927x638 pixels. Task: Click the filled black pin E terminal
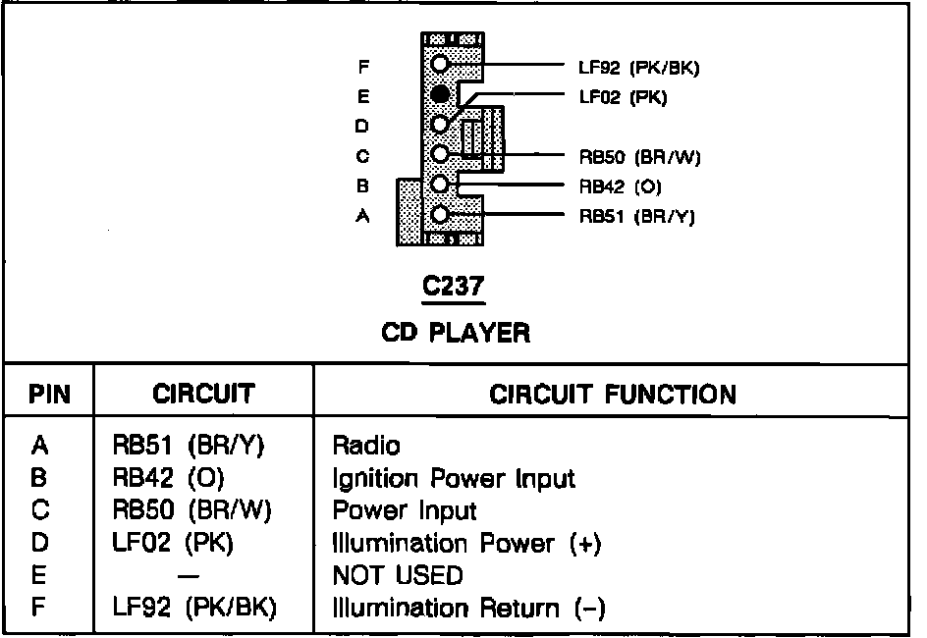pyautogui.click(x=441, y=94)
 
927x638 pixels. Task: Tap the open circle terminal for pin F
pyautogui.click(x=441, y=64)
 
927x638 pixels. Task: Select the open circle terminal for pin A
pyautogui.click(x=441, y=214)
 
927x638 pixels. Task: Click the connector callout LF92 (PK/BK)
pyautogui.click(x=638, y=67)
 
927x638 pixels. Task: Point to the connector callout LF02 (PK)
pyautogui.click(x=623, y=96)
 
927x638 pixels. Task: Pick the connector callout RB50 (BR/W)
pyautogui.click(x=640, y=155)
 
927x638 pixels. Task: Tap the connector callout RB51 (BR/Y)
pyautogui.click(x=636, y=216)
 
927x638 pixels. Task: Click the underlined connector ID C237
pyautogui.click(x=454, y=287)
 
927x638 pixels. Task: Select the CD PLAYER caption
pyautogui.click(x=455, y=333)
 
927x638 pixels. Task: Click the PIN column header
pyautogui.click(x=48, y=395)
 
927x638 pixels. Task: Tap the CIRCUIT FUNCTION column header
pyautogui.click(x=612, y=395)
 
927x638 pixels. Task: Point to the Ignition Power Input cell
pyautogui.click(x=454, y=479)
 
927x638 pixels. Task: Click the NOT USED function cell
pyautogui.click(x=398, y=574)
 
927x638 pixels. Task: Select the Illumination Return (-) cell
pyautogui.click(x=468, y=609)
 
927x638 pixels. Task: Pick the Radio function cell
pyautogui.click(x=366, y=447)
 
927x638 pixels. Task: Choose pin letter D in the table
pyautogui.click(x=39, y=543)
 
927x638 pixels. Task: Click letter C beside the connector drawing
pyautogui.click(x=362, y=155)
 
